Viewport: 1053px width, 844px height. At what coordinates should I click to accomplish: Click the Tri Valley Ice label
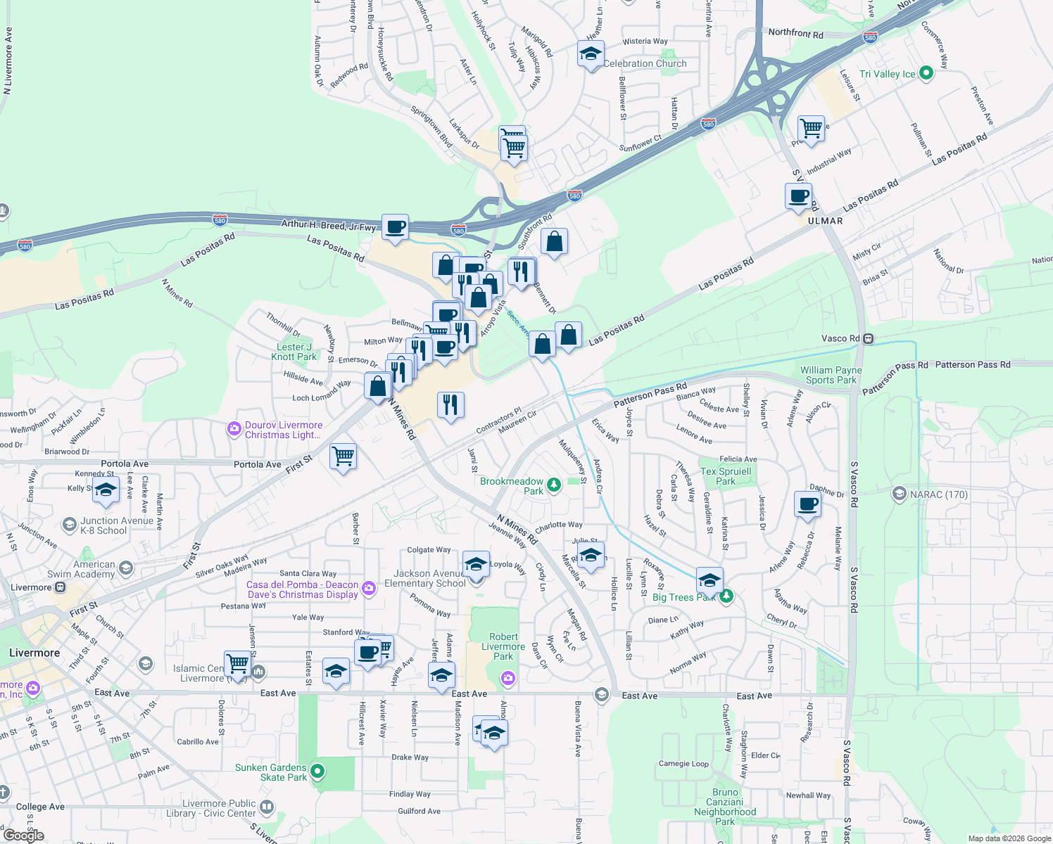pos(887,74)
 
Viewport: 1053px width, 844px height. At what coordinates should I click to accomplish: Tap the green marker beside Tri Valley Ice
pos(926,72)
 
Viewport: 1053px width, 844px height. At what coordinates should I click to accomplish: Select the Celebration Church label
pos(645,63)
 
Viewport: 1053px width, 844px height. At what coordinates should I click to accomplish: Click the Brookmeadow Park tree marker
pos(555,484)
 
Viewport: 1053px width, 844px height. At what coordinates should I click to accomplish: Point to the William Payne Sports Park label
pos(831,375)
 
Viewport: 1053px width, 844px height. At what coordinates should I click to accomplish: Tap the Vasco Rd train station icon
pos(869,338)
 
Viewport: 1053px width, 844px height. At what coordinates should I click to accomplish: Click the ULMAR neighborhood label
pos(825,221)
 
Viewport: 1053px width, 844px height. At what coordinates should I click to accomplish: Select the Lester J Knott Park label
pos(294,352)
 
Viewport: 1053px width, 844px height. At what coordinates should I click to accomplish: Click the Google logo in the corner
pos(23,836)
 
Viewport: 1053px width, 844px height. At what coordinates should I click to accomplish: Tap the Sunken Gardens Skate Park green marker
pos(317,772)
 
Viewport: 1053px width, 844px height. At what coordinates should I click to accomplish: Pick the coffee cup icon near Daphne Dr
pos(807,504)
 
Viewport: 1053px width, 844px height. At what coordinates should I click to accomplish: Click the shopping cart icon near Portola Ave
pos(343,456)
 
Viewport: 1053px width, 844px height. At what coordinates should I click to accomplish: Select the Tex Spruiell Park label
pos(726,476)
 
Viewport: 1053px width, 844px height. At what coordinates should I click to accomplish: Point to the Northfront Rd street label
pos(795,33)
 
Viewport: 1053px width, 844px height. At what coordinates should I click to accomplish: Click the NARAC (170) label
pos(938,494)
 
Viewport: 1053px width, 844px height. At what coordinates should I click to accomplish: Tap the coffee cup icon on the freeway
pos(395,227)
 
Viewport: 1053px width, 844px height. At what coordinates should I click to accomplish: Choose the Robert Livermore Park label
pos(503,646)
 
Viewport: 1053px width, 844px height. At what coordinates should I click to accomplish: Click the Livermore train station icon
pos(61,587)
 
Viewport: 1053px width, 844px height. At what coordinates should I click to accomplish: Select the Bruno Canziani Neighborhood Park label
pos(725,807)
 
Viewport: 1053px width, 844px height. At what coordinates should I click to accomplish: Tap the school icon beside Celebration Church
pos(591,54)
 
